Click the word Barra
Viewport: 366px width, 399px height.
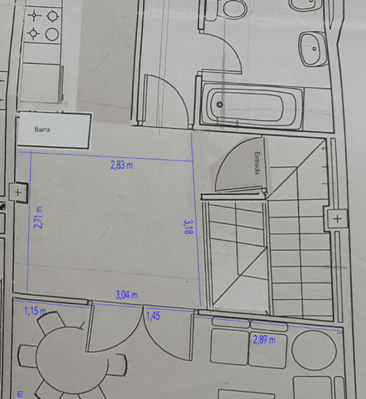42,130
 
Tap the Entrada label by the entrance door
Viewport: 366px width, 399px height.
258,163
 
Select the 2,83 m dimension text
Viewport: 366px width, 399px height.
122,165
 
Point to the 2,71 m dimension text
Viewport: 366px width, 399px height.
38,217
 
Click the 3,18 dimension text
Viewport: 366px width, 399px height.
188,227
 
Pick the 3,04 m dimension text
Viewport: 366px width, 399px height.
127,295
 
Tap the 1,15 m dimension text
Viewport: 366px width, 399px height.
35,311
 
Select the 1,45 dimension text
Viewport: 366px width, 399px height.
153,316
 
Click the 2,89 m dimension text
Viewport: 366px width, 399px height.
264,340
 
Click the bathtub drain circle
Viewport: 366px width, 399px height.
220,105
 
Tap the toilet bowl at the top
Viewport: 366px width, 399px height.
235,9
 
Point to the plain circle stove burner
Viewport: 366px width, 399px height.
52,34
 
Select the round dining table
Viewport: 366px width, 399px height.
72,359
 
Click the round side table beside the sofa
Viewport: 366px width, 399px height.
314,351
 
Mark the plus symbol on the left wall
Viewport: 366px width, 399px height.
18,192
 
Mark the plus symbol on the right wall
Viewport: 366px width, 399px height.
337,219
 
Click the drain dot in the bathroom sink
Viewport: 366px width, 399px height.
314,48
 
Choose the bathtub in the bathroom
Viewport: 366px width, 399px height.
251,105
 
